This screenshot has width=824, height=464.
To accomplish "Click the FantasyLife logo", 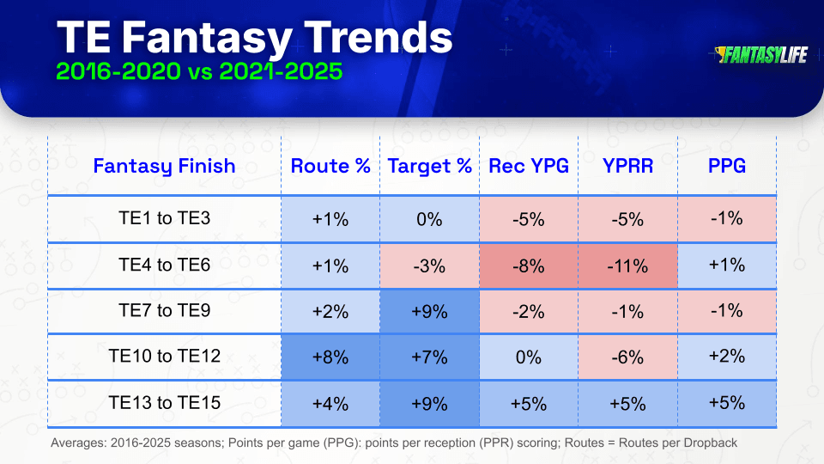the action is coord(760,55).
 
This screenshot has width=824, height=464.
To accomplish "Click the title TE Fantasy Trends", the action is coord(254,38).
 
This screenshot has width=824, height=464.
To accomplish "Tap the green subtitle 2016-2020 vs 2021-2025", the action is coord(199,71).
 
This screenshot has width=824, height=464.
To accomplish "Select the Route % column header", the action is coord(330,166).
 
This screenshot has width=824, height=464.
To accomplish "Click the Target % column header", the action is coord(429,166).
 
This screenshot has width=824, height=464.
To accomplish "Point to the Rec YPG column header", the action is coord(529,166).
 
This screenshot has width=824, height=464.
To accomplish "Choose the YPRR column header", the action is coord(627,166).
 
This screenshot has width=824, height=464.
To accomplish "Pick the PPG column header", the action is coord(727,166).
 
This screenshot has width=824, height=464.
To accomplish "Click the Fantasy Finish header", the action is coord(164,166).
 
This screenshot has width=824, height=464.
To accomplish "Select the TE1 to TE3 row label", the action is coord(164,217).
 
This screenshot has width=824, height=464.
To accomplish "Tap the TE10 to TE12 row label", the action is coord(164,356).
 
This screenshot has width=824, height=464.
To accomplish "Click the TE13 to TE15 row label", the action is coord(164,403).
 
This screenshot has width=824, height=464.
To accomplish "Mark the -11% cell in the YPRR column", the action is coord(627,266).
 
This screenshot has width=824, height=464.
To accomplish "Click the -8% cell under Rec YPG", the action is coord(529,266).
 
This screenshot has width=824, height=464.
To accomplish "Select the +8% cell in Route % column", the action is coord(330,357).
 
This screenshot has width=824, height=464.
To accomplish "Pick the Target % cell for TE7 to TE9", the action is coord(429,311).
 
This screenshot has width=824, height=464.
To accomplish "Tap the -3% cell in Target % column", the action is coord(429,266).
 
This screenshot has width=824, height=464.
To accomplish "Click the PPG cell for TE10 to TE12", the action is coord(727,357).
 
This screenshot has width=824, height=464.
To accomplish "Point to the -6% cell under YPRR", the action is coord(627,357).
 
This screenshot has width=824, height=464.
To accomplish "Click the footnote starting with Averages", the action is coord(394,443).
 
